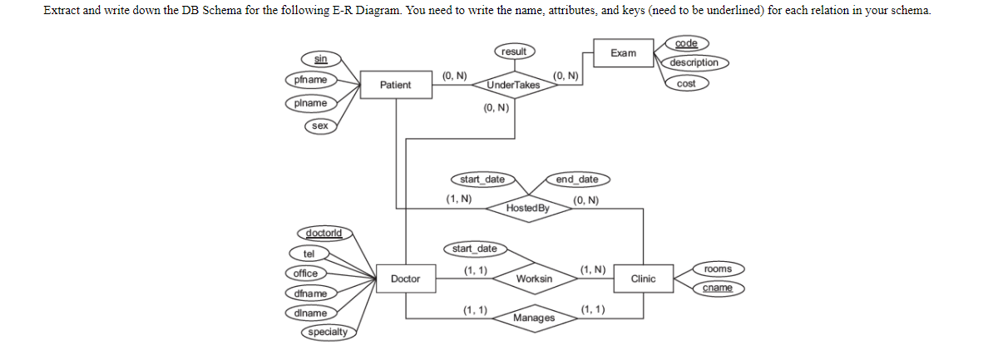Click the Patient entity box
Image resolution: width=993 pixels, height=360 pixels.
(395, 85)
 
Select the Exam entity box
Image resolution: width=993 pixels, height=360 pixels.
(623, 53)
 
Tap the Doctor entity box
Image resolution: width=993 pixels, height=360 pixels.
(405, 279)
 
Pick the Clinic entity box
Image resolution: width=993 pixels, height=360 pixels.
(643, 279)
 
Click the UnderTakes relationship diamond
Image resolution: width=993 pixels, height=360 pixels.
(513, 85)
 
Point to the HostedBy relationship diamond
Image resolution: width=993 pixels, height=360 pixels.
(527, 207)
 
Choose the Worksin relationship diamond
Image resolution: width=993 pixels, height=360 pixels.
(534, 279)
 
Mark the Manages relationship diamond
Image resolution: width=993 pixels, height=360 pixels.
(534, 318)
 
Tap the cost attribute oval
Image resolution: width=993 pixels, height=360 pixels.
(686, 83)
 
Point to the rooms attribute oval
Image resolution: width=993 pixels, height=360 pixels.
(718, 269)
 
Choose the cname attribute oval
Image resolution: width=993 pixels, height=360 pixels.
(718, 288)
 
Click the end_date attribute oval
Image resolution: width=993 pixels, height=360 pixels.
(577, 180)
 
